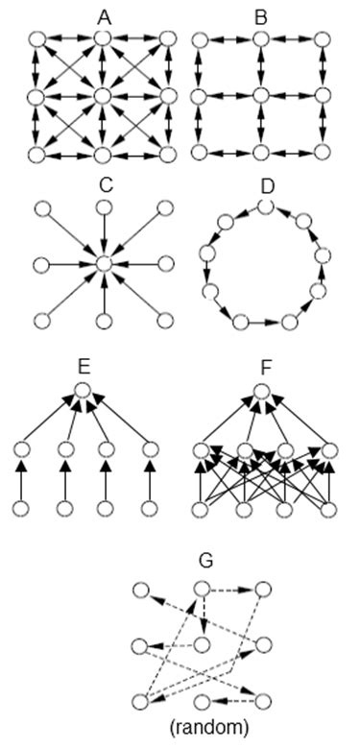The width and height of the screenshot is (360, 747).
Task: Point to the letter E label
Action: coord(84,365)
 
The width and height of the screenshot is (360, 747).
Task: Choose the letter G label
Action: coord(203,560)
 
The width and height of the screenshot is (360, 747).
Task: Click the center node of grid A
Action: coord(104,97)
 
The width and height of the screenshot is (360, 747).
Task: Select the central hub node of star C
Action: coord(104,263)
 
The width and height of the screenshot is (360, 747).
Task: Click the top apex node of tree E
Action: coord(84,391)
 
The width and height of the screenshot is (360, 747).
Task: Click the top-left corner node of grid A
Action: coord(38,39)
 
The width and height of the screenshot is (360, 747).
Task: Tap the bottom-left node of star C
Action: coord(39,320)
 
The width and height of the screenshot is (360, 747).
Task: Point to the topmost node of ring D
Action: coord(266,206)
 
